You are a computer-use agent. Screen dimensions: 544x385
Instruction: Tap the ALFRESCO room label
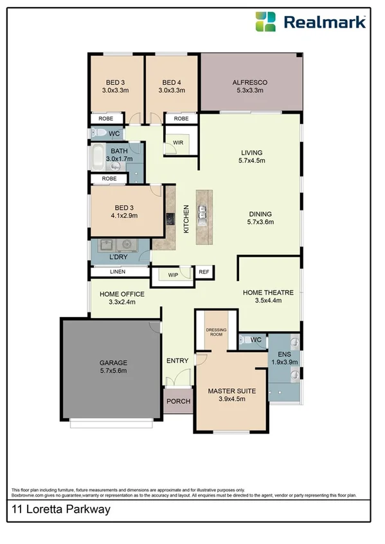click(249, 83)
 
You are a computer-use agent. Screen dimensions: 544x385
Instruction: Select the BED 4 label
click(172, 83)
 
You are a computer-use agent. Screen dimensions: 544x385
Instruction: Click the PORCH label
click(178, 402)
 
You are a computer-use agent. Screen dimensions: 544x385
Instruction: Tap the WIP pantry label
click(173, 275)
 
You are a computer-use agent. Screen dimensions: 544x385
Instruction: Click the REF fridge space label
click(204, 272)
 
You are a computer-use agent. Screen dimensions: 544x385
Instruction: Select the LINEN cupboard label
click(118, 272)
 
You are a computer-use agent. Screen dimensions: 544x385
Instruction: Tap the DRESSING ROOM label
click(216, 332)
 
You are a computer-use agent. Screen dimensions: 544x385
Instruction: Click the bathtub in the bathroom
click(98, 157)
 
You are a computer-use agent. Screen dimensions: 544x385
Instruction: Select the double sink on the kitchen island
click(202, 212)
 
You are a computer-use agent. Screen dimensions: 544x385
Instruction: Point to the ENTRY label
click(177, 361)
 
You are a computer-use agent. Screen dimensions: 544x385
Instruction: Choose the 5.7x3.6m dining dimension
click(260, 223)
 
